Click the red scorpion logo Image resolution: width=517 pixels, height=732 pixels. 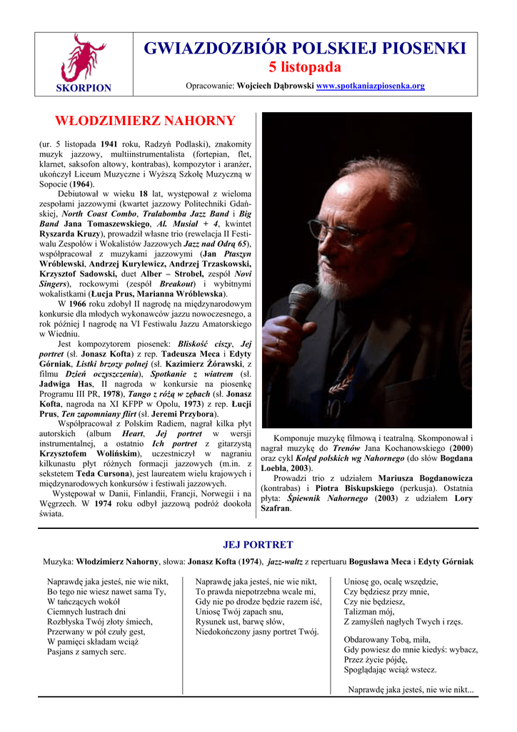tap(84, 57)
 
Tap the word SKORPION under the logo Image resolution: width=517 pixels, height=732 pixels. tap(84, 88)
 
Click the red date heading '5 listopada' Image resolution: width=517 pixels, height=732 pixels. tap(305, 67)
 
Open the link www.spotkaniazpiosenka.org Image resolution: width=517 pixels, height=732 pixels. tap(370, 86)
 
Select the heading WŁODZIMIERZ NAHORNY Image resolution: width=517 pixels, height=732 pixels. tap(145, 121)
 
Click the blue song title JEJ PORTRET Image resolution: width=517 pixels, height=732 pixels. tap(258, 545)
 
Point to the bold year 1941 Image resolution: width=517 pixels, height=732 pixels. tap(109, 144)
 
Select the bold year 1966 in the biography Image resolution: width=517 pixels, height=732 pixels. tap(77, 304)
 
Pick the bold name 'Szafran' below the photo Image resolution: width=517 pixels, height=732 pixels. tap(275, 508)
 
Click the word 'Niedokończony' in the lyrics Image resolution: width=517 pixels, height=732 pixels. tap(228, 631)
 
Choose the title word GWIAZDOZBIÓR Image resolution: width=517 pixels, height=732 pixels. tap(214, 48)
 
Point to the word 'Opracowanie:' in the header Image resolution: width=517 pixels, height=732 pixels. tap(210, 86)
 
